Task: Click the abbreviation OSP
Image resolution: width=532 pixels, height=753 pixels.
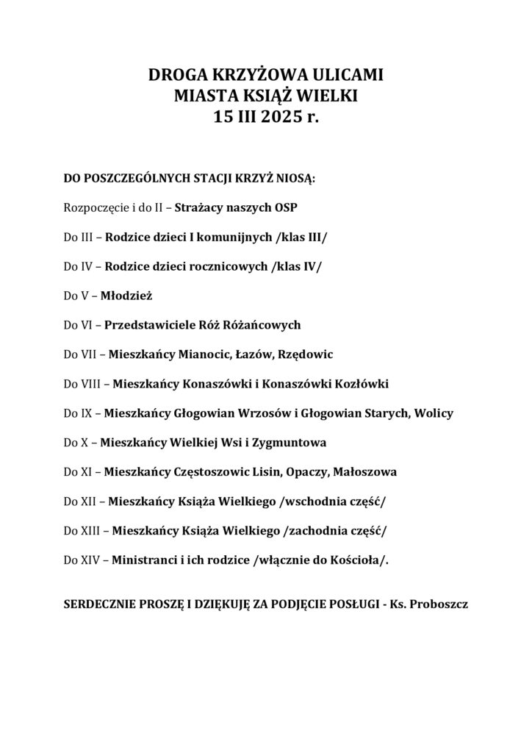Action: click(x=285, y=207)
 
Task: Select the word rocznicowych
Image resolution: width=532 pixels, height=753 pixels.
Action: click(x=230, y=266)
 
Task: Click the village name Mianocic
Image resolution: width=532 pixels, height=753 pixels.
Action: click(x=201, y=354)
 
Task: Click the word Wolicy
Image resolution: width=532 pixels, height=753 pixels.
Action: click(x=434, y=413)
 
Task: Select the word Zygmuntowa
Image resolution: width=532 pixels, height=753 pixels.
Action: click(x=293, y=443)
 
